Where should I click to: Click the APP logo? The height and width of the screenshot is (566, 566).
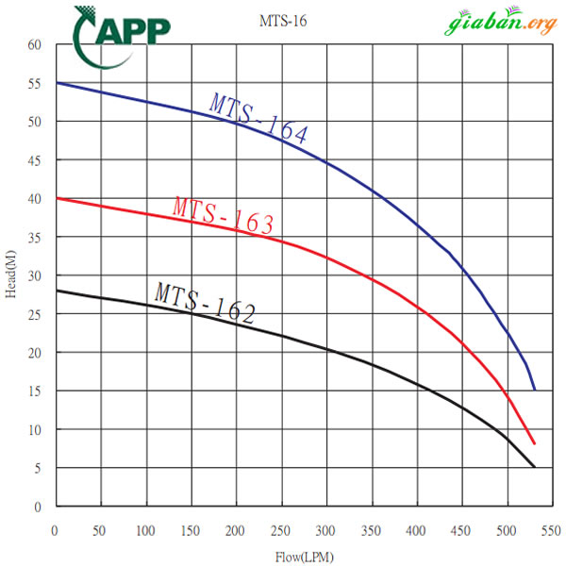pos(122,32)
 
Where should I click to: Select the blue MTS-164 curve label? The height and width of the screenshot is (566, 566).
pos(258,118)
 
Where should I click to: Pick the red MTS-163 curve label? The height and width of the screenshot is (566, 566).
pos(224,213)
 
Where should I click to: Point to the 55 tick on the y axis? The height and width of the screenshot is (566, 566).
pos(35,83)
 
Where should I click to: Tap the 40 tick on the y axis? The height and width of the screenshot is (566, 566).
pos(35,198)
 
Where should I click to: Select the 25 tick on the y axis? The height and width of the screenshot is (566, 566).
pos(35,314)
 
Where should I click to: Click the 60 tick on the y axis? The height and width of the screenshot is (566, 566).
pos(35,44)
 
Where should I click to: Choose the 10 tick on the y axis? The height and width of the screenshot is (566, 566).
pos(35,429)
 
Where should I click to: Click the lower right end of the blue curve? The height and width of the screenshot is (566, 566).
pos(535,390)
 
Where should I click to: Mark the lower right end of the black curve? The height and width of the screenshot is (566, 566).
pos(535,467)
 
